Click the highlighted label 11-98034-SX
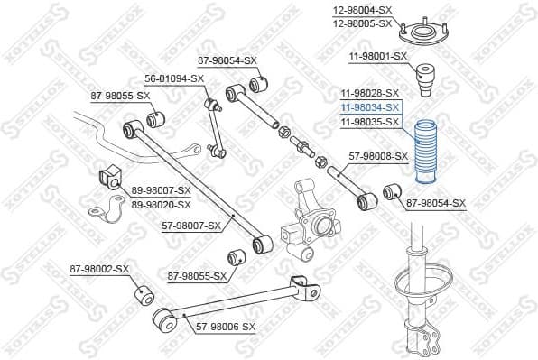[x=369, y=106]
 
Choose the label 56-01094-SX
[x=172, y=78]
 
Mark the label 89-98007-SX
[x=162, y=190]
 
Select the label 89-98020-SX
[x=162, y=204]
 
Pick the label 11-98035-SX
[x=369, y=120]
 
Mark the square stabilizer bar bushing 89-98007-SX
[x=107, y=178]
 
